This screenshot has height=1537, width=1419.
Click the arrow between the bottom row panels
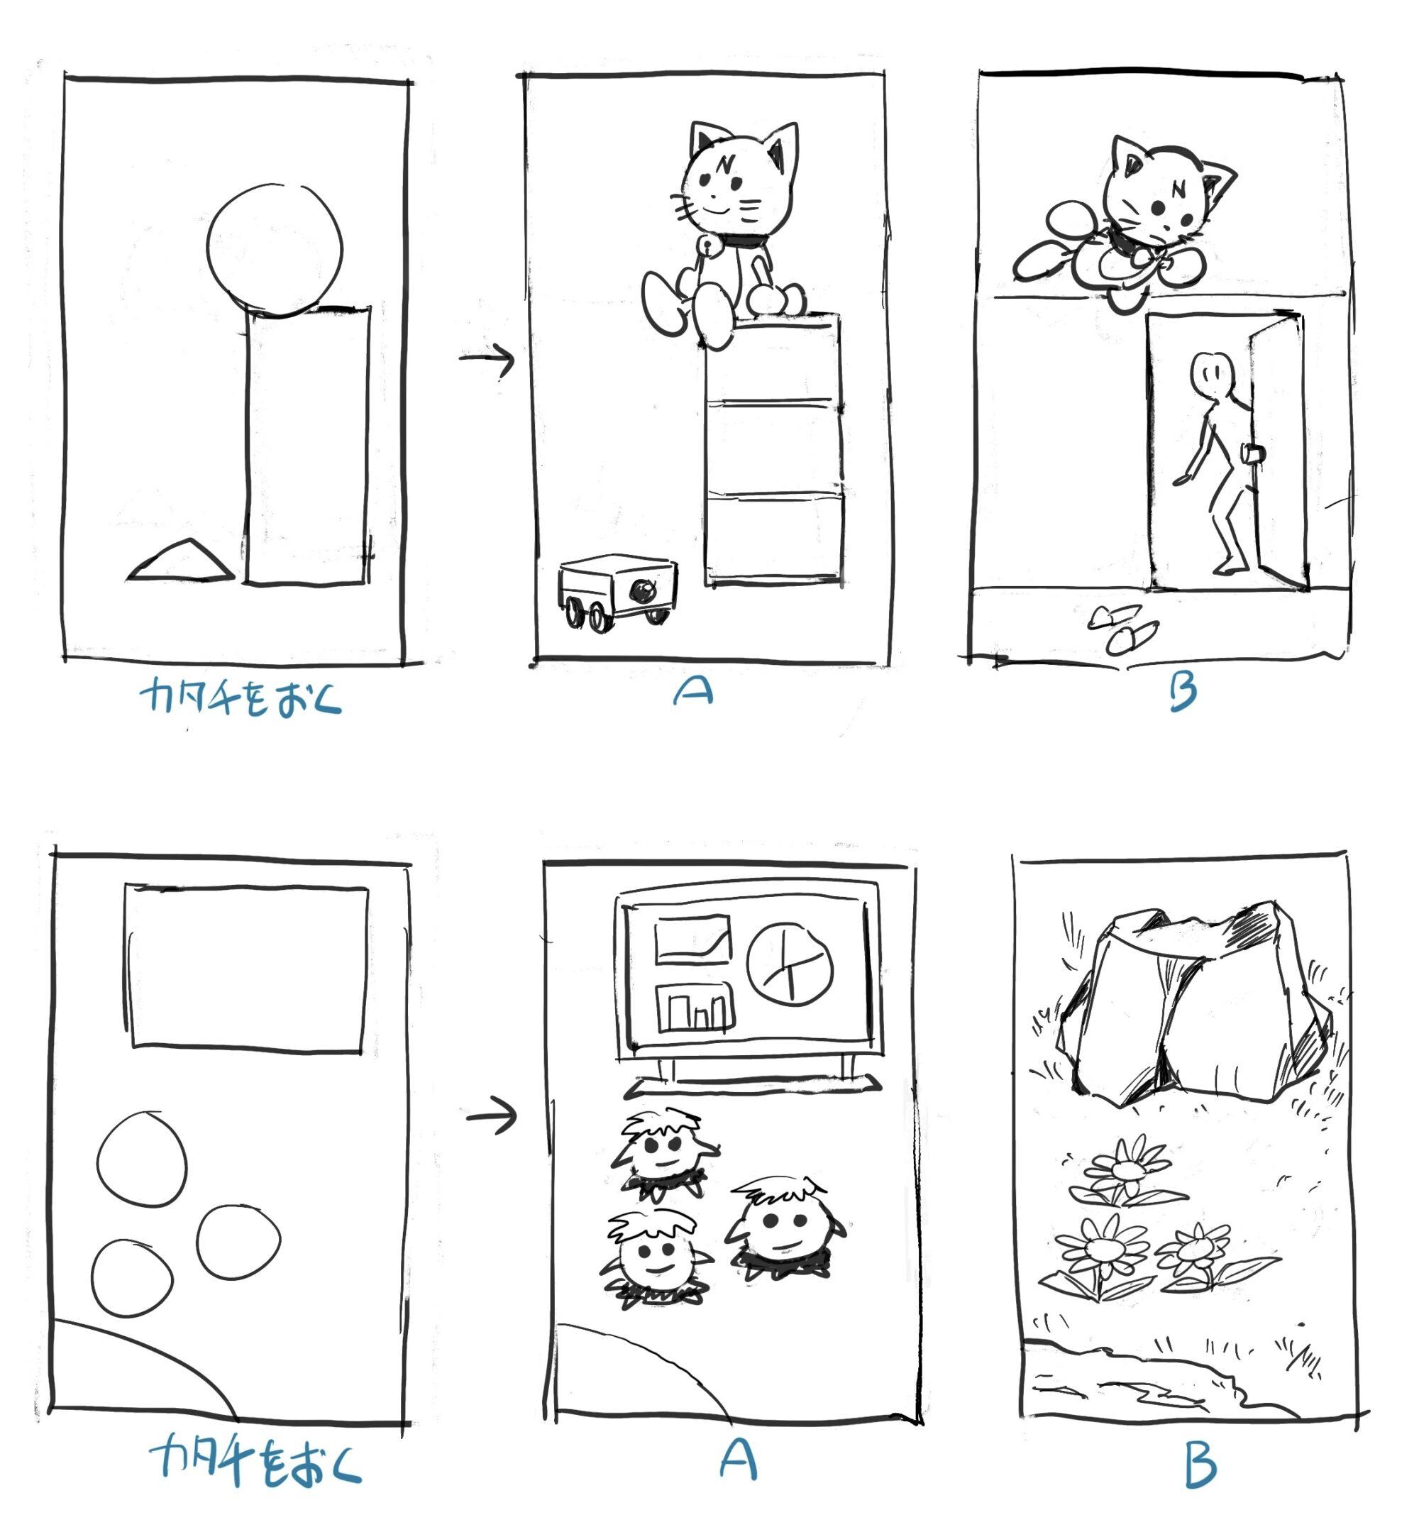pyautogui.click(x=492, y=1115)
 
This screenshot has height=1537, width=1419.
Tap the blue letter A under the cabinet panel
pyautogui.click(x=693, y=692)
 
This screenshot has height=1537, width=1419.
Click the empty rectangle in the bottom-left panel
pyautogui.click(x=245, y=965)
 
